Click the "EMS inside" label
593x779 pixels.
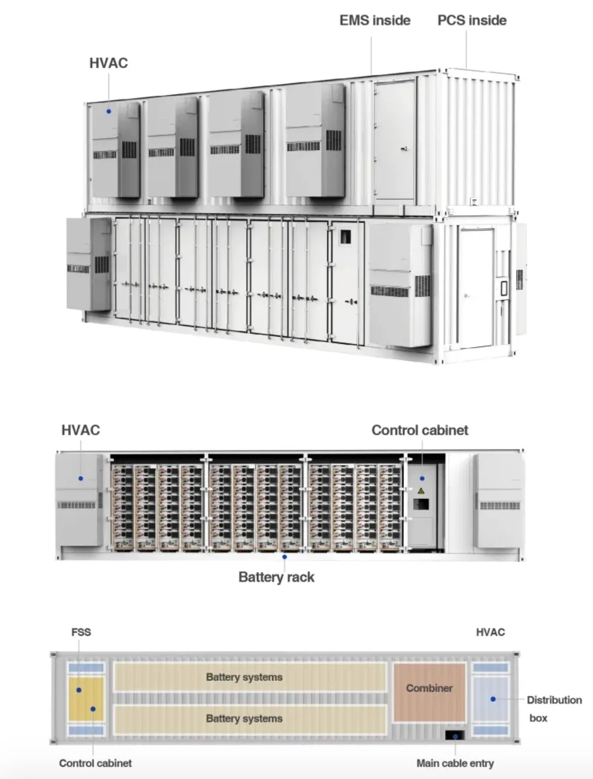click(x=375, y=20)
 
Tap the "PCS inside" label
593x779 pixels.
click(x=472, y=20)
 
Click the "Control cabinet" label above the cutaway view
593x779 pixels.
click(x=420, y=430)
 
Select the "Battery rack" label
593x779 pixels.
click(x=276, y=577)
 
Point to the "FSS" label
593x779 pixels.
click(x=81, y=632)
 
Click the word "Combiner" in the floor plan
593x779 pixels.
click(x=429, y=688)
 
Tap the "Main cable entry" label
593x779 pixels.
click(x=455, y=763)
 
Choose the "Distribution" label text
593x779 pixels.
click(x=554, y=700)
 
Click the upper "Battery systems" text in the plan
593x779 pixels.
click(x=244, y=677)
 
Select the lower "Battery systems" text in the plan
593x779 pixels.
click(x=244, y=719)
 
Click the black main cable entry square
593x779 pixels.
click(x=455, y=735)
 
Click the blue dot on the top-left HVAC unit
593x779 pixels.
click(x=109, y=111)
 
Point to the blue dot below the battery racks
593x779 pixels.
click(x=285, y=557)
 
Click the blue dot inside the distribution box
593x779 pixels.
click(x=492, y=699)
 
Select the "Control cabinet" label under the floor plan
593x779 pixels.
click(x=95, y=763)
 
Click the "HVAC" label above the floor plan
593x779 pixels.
click(x=491, y=632)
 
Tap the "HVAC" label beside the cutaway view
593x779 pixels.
click(x=81, y=430)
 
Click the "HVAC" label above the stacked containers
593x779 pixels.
click(x=108, y=63)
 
